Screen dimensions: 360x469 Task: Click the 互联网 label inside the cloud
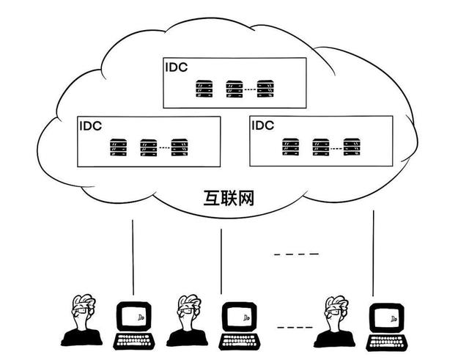pyautogui.click(x=229, y=198)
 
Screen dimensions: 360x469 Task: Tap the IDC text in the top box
pyautogui.click(x=176, y=67)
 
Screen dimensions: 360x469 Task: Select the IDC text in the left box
pyautogui.click(x=90, y=125)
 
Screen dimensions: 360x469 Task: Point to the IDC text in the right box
pyautogui.click(x=262, y=125)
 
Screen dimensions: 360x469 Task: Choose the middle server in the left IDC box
pyautogui.click(x=149, y=147)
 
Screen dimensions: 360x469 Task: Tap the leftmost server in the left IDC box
pyautogui.click(x=118, y=147)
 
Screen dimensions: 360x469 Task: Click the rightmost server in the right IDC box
pyautogui.click(x=352, y=147)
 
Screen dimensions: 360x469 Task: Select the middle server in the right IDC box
pyautogui.click(x=321, y=147)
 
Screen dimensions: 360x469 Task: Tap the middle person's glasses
pyautogui.click(x=188, y=312)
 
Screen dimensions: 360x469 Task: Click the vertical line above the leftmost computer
pyautogui.click(x=133, y=257)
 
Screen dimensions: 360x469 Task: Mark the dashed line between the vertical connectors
pyautogui.click(x=296, y=254)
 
